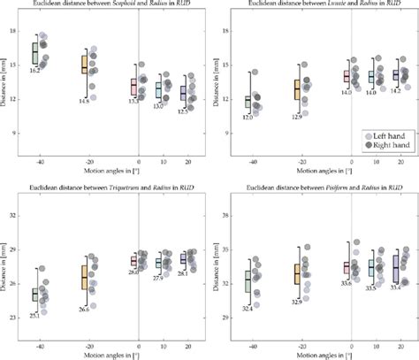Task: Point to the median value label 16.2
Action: pyautogui.click(x=35, y=70)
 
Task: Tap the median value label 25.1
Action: pyautogui.click(x=34, y=316)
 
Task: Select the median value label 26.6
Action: pyautogui.click(x=84, y=309)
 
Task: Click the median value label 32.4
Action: pyautogui.click(x=248, y=307)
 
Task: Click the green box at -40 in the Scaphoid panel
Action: pyautogui.click(x=35, y=54)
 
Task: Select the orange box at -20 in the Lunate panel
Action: pyautogui.click(x=297, y=89)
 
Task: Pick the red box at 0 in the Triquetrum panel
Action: pyautogui.click(x=134, y=261)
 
